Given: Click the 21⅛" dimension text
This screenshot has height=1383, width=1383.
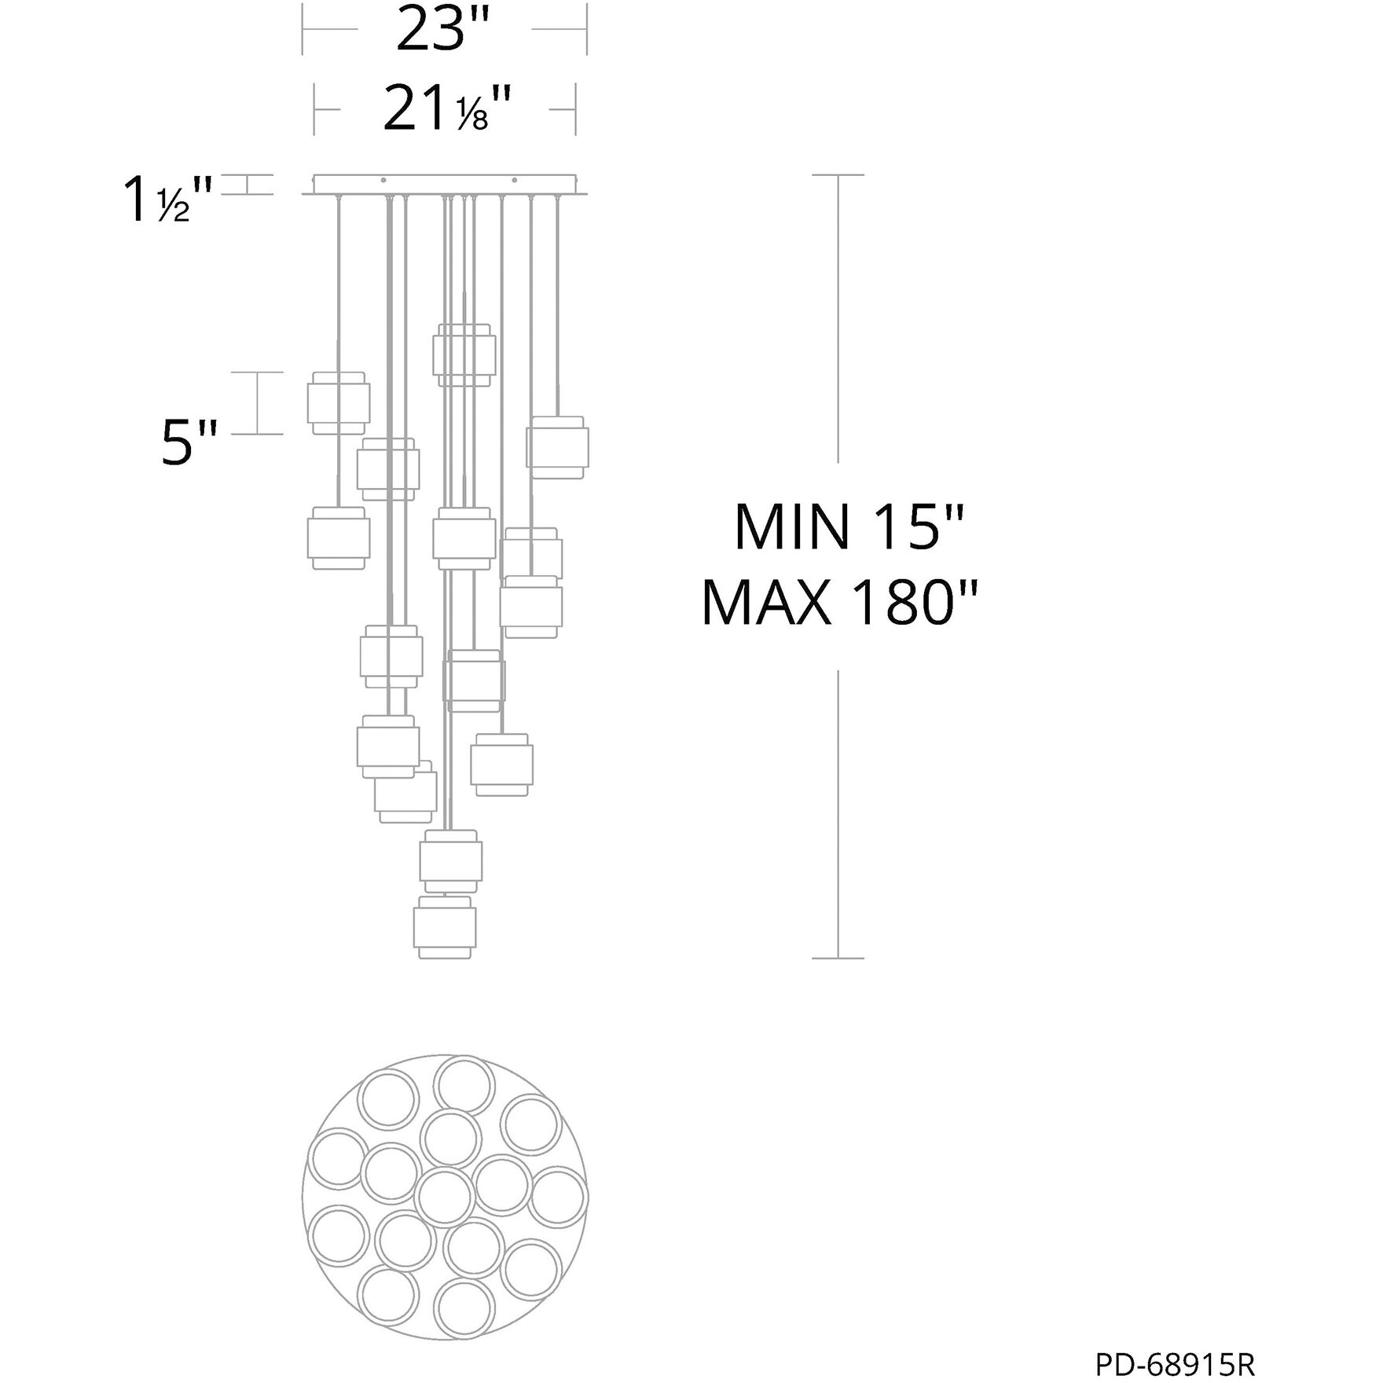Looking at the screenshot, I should pyautogui.click(x=446, y=109).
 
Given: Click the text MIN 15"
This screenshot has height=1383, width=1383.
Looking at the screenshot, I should pyautogui.click(x=848, y=528).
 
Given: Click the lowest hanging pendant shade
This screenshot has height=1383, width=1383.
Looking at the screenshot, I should pyautogui.click(x=445, y=927).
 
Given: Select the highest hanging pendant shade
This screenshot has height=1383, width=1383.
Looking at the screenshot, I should pyautogui.click(x=464, y=355).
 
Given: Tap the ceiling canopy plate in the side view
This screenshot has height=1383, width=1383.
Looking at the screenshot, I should pyautogui.click(x=445, y=185).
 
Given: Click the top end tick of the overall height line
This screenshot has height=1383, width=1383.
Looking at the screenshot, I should pyautogui.click(x=838, y=175).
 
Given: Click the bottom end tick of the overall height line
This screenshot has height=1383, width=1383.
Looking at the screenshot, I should pyautogui.click(x=838, y=958).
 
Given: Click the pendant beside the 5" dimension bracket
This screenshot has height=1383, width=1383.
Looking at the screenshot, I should pyautogui.click(x=338, y=402).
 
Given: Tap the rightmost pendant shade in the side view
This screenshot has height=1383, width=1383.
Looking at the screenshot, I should pyautogui.click(x=557, y=447).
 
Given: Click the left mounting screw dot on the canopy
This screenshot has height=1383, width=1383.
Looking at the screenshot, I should pyautogui.click(x=383, y=181).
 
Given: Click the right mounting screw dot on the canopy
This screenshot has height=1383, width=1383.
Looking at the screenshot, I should pyautogui.click(x=515, y=181).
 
